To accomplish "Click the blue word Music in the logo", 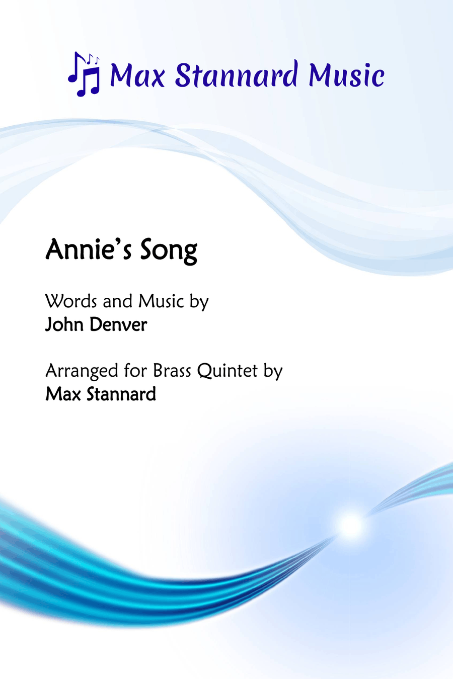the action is pyautogui.click(x=346, y=74).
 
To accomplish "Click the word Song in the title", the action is pyautogui.click(x=169, y=251).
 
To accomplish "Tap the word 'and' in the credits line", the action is pyautogui.click(x=118, y=301).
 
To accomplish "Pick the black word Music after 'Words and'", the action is pyautogui.click(x=161, y=301).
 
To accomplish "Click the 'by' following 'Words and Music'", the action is pyautogui.click(x=199, y=302).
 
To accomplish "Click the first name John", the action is pyautogui.click(x=64, y=324).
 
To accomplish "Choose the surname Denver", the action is pyautogui.click(x=118, y=324).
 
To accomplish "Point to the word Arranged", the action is pyautogui.click(x=82, y=372).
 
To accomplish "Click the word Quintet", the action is pyautogui.click(x=228, y=371).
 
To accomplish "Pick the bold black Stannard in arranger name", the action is pyautogui.click(x=121, y=394).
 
